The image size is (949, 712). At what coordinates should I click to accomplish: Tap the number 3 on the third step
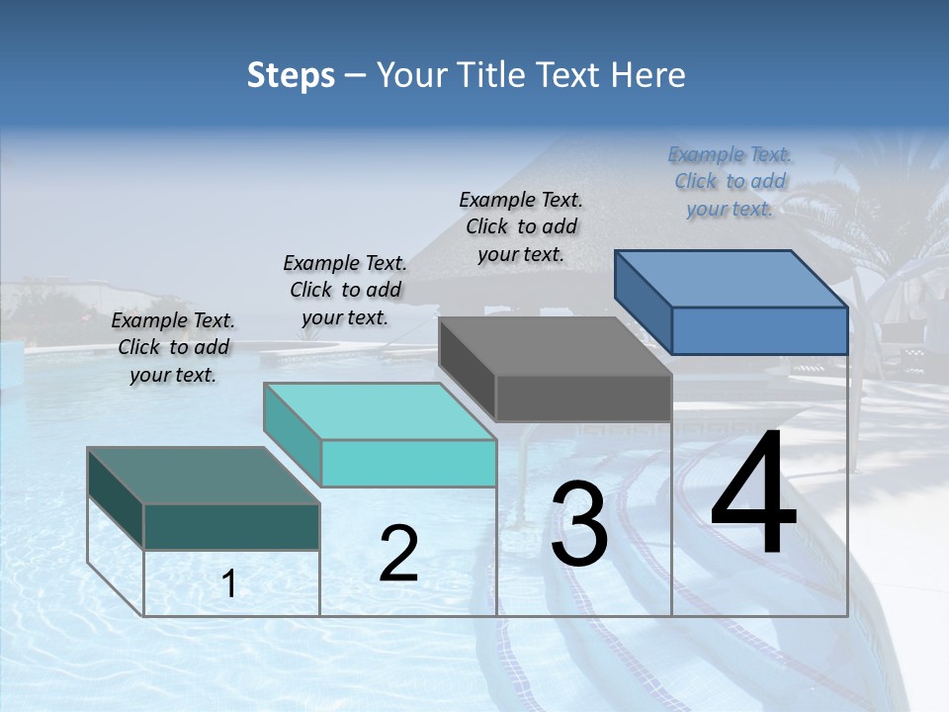[x=579, y=524]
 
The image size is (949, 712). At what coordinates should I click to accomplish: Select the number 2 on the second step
[x=398, y=554]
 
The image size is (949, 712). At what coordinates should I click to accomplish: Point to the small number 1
[x=229, y=584]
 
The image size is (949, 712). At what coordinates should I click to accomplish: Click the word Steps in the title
[x=291, y=75]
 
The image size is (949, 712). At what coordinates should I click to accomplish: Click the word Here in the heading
[x=649, y=75]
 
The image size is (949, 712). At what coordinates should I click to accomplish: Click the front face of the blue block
[x=759, y=330]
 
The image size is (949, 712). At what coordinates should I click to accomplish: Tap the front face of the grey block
[x=583, y=399]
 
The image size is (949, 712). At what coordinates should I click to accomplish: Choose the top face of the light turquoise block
[x=380, y=411]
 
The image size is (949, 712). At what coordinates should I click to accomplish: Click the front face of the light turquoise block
[x=408, y=463]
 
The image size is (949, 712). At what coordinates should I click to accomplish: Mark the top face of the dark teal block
[x=204, y=476]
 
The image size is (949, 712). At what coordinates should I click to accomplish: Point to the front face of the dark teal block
[x=231, y=526]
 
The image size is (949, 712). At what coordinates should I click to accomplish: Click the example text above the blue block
[x=730, y=181]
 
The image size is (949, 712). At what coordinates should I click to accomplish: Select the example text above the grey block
[x=521, y=226]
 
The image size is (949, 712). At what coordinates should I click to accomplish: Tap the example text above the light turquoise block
[x=345, y=290]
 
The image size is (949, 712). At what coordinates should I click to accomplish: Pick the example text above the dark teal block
[x=173, y=347]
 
